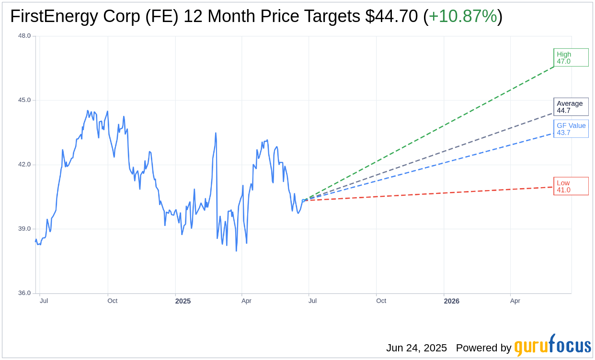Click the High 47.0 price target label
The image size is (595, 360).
click(571, 57)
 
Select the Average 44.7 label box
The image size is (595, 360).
click(571, 107)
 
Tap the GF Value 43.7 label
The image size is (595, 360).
click(571, 129)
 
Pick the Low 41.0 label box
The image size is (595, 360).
click(571, 186)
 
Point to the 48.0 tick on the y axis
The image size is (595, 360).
click(24, 35)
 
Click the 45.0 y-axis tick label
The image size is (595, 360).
click(24, 100)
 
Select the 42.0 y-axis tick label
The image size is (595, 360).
click(24, 164)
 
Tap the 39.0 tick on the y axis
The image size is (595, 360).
click(24, 229)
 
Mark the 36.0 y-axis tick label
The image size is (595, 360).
click(24, 293)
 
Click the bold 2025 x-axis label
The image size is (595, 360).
click(183, 301)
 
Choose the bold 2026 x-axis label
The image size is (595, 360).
click(451, 301)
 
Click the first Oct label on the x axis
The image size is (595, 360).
click(113, 301)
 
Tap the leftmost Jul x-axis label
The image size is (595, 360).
click(44, 301)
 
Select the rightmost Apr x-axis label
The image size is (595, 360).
click(515, 301)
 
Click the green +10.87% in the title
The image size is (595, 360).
click(463, 16)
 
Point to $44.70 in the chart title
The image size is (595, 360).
click(391, 16)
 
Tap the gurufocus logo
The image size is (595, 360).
click(552, 345)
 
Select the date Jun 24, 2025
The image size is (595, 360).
click(416, 348)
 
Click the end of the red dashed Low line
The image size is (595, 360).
click(553, 187)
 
